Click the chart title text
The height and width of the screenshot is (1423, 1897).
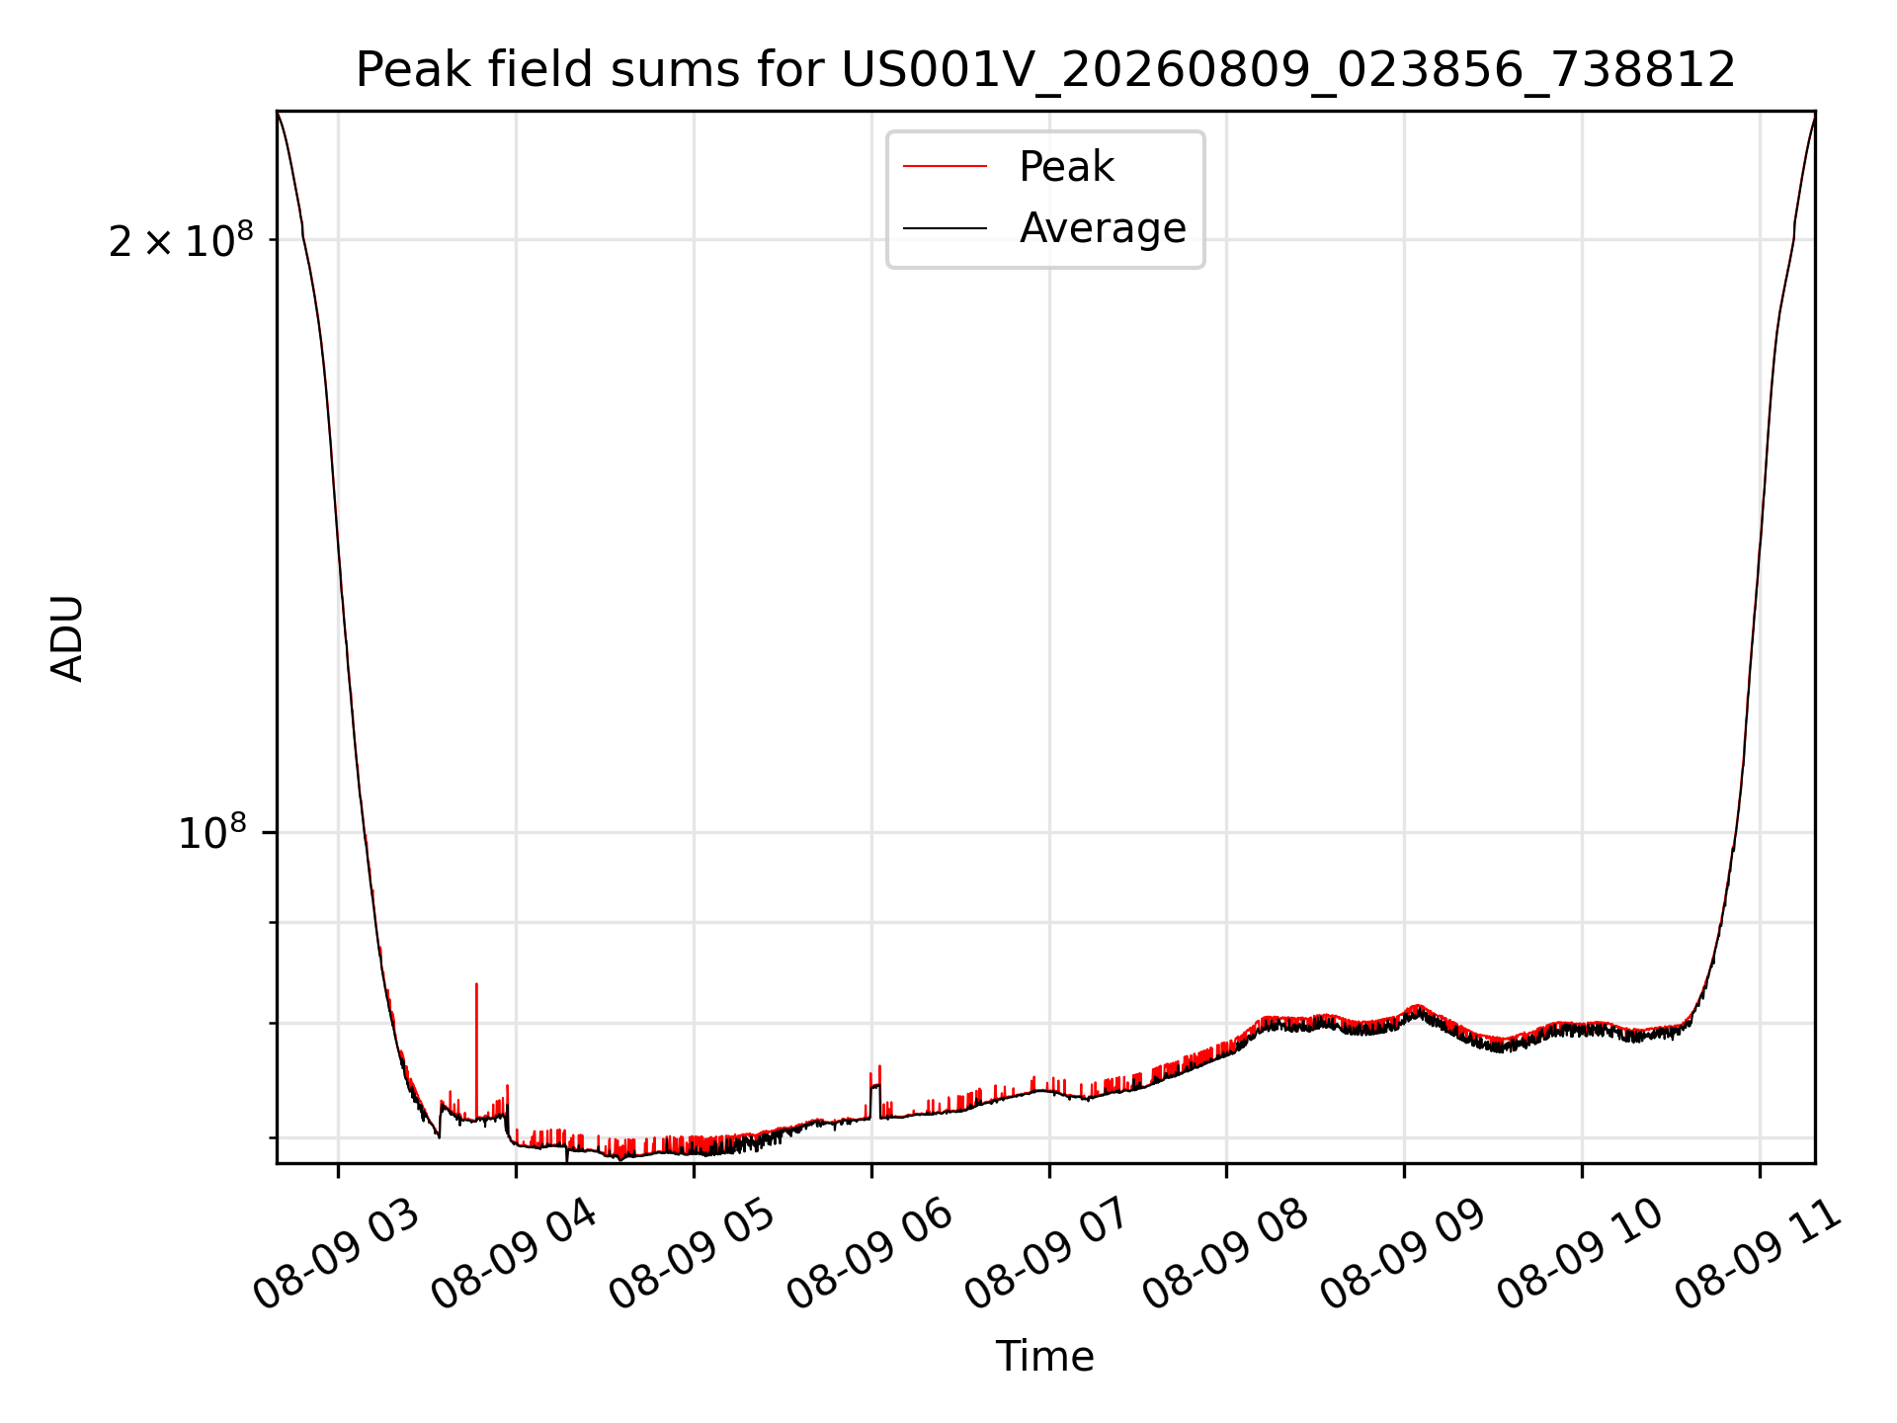click(1045, 70)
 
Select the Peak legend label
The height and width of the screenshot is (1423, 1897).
click(1066, 167)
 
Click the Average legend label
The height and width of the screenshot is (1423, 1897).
click(1103, 228)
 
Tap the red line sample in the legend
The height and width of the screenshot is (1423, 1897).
click(945, 167)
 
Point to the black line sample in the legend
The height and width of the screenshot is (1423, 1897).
click(945, 228)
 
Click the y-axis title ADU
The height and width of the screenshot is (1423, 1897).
click(67, 637)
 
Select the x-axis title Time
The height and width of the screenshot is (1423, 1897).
click(1045, 1357)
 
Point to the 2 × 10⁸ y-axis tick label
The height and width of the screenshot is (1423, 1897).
click(181, 240)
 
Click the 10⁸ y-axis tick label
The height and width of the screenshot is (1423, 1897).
click(212, 832)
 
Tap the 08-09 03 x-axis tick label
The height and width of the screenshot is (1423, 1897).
click(337, 1256)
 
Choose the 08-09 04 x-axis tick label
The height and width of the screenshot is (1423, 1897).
click(515, 1256)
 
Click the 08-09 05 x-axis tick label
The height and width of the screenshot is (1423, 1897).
click(693, 1256)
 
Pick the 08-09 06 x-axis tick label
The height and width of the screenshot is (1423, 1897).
click(870, 1256)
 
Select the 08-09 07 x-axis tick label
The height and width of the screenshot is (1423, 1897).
click(1048, 1256)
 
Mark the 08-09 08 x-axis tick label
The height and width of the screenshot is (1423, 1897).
click(1226, 1256)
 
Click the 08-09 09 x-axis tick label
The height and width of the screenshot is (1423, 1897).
click(1404, 1256)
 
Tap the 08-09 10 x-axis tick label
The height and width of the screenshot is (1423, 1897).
click(1582, 1256)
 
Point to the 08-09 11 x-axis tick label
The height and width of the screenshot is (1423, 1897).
click(1760, 1256)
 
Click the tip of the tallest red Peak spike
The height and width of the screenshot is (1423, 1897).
click(476, 983)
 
